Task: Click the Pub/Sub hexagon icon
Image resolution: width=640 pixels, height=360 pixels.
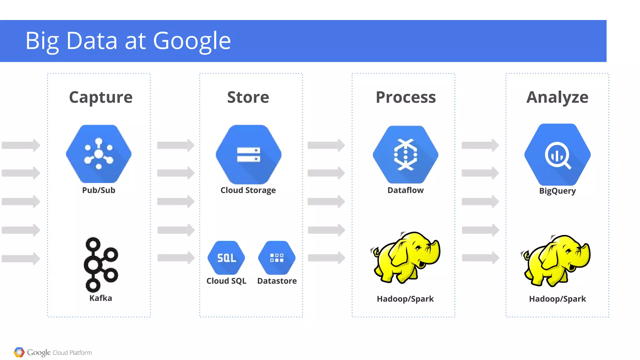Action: coord(99,154)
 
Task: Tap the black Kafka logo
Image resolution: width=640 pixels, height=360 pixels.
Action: coord(101,264)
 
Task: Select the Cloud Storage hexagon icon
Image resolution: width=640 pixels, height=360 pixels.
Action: coord(248,154)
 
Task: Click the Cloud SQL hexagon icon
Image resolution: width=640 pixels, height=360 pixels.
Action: coord(226,258)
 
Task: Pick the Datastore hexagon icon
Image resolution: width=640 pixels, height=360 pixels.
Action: coord(277,258)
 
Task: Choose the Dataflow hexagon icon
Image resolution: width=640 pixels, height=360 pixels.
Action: coord(406,154)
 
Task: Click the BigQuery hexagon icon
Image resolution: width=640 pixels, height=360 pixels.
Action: coord(557,154)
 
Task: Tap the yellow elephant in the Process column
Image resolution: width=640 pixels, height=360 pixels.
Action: coord(406,257)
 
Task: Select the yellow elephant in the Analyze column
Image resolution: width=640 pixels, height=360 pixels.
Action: coord(556,260)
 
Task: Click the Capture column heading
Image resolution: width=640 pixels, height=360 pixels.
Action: coord(101,97)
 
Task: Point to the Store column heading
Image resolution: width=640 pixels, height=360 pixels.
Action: coord(248,97)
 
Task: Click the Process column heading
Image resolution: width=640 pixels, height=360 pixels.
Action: coord(406,97)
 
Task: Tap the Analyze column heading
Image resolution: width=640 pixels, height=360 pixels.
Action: coord(557,97)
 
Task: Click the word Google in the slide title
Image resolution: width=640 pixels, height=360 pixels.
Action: coord(192,41)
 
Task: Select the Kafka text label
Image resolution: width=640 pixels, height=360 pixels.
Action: coord(101,298)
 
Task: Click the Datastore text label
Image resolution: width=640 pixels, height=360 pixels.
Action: coord(277,281)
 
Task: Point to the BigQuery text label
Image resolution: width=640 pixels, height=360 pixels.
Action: coord(557,191)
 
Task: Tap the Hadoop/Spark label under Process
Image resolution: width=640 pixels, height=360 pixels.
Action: coord(405,299)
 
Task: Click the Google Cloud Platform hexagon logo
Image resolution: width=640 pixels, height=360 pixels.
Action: coord(19,352)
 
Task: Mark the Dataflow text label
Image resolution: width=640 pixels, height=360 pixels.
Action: coord(406,190)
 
